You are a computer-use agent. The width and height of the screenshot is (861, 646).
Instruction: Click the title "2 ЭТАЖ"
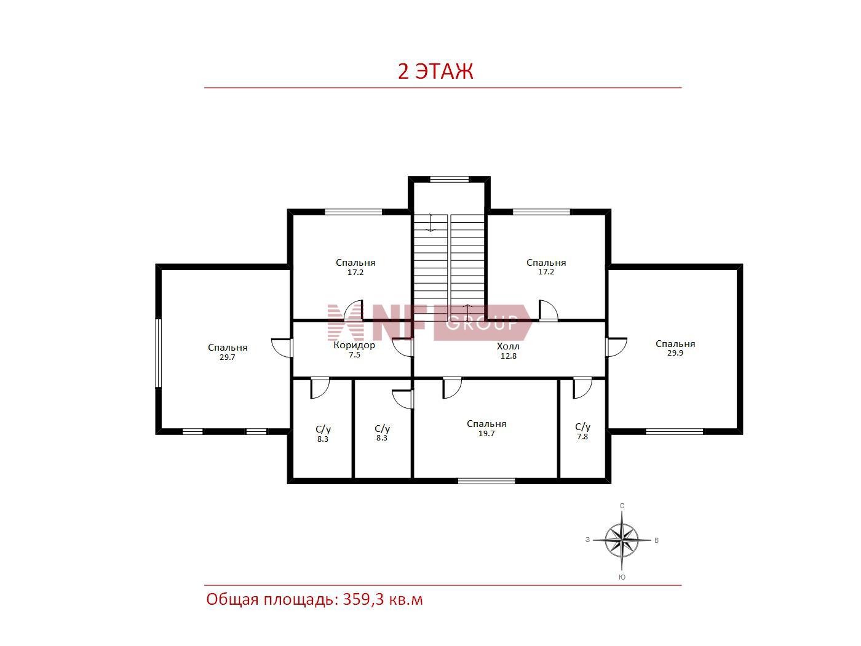[435, 71]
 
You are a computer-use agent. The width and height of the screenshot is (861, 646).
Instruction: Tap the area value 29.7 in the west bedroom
[228, 357]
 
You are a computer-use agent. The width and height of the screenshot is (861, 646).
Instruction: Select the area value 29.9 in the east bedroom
[675, 353]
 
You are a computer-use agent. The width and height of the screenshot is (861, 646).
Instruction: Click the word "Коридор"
[354, 346]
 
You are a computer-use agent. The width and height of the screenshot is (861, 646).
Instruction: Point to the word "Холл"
[508, 346]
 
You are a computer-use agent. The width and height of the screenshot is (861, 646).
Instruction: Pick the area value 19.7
[486, 433]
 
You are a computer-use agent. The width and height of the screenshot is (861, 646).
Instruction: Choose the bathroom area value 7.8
[582, 437]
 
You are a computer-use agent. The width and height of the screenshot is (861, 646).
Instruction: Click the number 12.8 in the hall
[509, 356]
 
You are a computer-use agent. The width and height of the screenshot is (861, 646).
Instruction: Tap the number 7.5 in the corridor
[355, 355]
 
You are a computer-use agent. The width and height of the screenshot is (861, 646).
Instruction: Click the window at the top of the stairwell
[450, 180]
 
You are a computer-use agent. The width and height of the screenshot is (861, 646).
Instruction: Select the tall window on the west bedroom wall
[159, 353]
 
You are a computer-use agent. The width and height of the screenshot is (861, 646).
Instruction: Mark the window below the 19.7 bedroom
[486, 481]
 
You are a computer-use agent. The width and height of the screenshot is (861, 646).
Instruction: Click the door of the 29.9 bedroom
[616, 347]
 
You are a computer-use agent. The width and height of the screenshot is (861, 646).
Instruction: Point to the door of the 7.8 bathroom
[582, 388]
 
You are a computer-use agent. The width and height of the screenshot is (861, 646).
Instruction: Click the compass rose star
[622, 541]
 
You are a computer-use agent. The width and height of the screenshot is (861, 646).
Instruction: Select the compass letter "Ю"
[622, 577]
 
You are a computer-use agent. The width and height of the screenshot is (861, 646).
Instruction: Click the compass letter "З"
[587, 540]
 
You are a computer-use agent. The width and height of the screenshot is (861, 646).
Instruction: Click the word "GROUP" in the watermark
[482, 323]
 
